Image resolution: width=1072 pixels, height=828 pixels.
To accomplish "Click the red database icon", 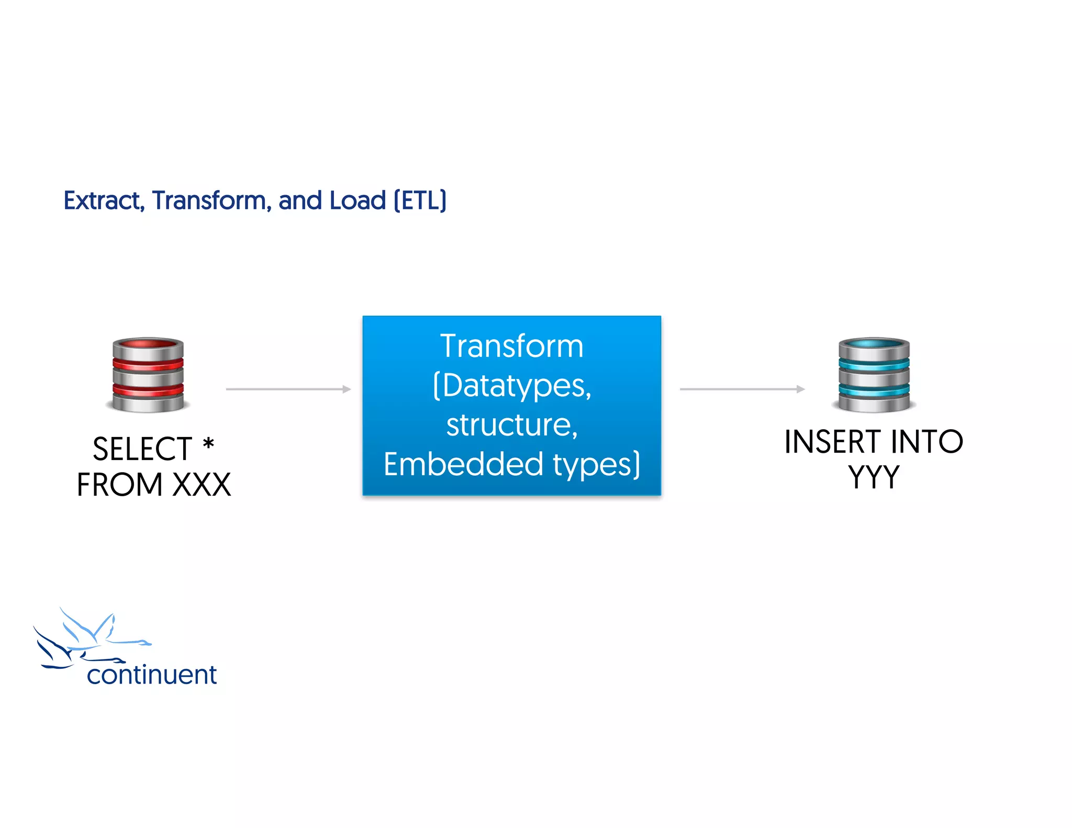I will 148,375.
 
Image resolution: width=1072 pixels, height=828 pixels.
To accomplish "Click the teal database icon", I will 874,375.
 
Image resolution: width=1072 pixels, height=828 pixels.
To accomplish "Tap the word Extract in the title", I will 102,200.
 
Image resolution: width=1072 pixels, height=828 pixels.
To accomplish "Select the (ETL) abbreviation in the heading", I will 420,200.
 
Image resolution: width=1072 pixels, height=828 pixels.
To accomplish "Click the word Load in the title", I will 358,200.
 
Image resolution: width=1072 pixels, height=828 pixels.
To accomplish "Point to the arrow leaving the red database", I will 288,389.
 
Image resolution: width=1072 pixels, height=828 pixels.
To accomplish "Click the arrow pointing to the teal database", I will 742,389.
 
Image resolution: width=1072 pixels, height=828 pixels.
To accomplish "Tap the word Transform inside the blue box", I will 511,346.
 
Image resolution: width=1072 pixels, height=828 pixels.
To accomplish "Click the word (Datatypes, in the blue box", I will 512,386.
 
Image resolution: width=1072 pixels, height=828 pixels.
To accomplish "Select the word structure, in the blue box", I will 511,424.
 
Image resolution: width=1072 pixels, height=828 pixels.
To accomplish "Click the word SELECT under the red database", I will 142,449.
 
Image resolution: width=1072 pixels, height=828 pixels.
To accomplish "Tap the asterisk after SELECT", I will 208,444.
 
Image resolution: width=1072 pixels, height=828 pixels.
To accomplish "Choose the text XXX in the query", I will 202,485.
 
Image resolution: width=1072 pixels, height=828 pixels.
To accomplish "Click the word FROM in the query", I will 120,485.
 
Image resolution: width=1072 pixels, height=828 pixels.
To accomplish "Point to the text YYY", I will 874,477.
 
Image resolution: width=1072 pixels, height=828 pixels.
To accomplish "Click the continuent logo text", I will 152,675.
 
